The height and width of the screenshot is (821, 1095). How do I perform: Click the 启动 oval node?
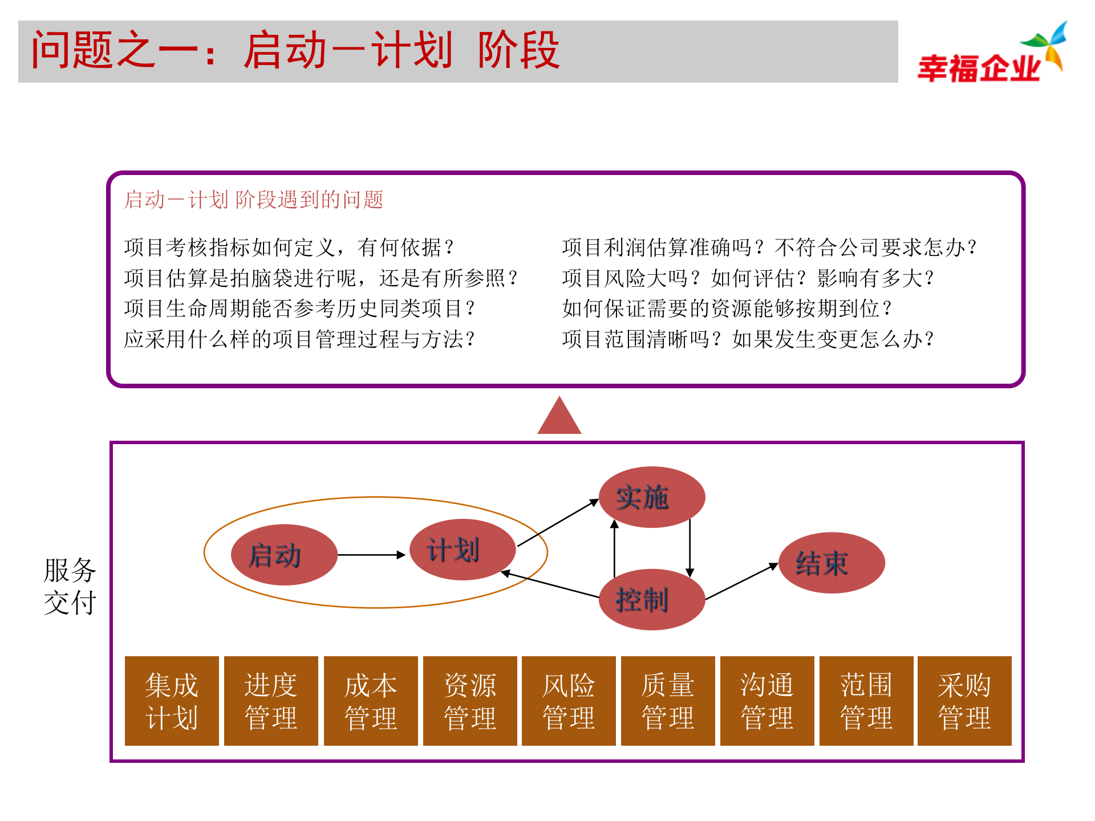point(283,555)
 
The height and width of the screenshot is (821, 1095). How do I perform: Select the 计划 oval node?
point(463,550)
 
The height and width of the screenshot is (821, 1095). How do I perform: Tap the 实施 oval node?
point(651,497)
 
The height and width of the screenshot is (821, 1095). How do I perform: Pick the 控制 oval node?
point(651,600)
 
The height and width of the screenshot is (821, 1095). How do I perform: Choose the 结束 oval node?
point(832,563)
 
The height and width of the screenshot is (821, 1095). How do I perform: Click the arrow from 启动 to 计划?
point(371,555)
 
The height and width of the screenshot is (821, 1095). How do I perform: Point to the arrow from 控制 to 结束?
point(741,582)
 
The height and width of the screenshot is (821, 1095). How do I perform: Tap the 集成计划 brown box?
point(172,701)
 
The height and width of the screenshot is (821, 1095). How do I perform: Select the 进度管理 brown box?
point(271,701)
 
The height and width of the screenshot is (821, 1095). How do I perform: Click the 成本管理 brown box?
point(371,701)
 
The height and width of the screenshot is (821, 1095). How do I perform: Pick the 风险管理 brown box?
point(569,701)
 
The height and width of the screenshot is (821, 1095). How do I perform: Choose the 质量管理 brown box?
point(668,701)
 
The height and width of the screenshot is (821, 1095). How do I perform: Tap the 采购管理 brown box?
point(964,701)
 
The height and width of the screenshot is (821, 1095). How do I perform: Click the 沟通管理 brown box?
point(767,701)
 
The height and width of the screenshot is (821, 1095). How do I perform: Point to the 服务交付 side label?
point(70,586)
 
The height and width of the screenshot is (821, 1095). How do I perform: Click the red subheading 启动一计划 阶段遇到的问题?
point(254,200)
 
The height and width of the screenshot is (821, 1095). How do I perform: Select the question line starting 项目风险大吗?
point(747,278)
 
